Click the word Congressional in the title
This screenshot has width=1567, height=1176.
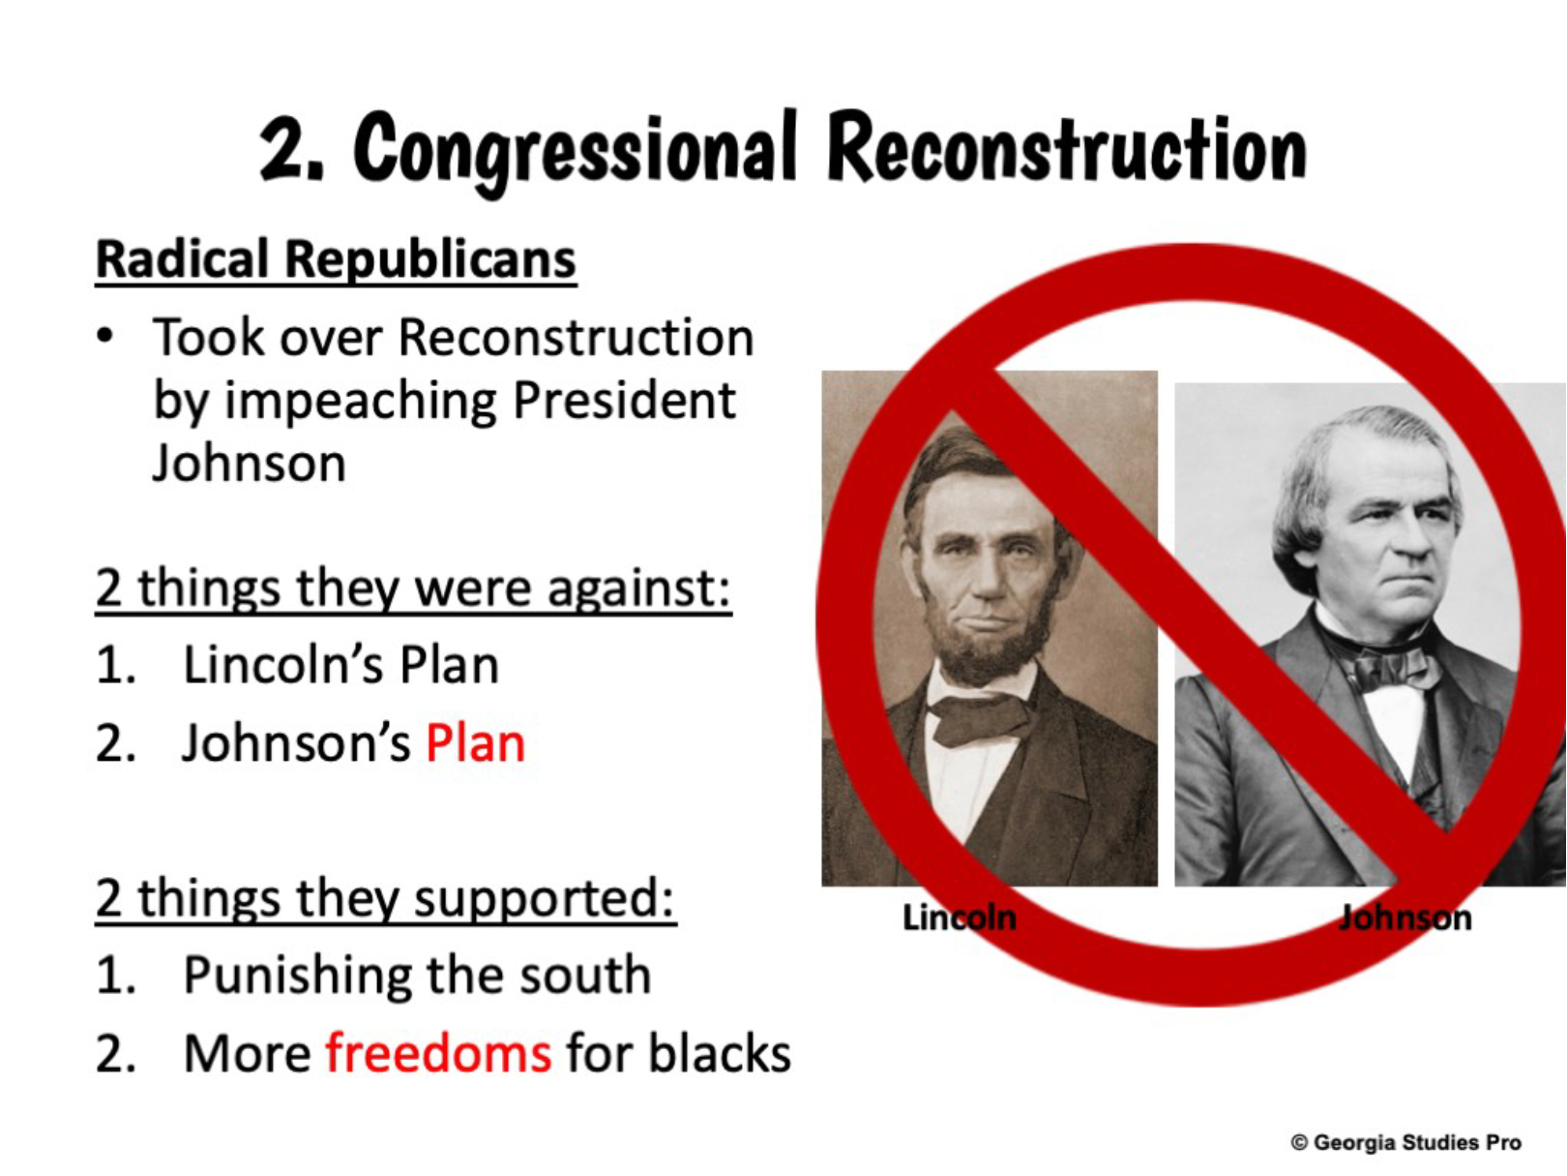(574, 151)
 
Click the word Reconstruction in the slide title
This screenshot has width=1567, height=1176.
(1067, 147)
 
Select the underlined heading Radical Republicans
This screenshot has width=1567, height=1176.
(336, 260)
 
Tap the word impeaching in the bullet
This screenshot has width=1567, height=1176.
(361, 402)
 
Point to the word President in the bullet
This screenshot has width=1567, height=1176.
(625, 400)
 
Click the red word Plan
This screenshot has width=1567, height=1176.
(476, 743)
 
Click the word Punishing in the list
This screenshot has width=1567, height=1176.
(296, 977)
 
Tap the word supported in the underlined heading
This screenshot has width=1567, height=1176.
(544, 900)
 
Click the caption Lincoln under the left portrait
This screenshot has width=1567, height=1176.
(959, 919)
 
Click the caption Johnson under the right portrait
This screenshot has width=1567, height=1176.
(1404, 919)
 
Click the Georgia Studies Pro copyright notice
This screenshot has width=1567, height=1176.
(1406, 1142)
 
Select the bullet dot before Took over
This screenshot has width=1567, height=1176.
(104, 336)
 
